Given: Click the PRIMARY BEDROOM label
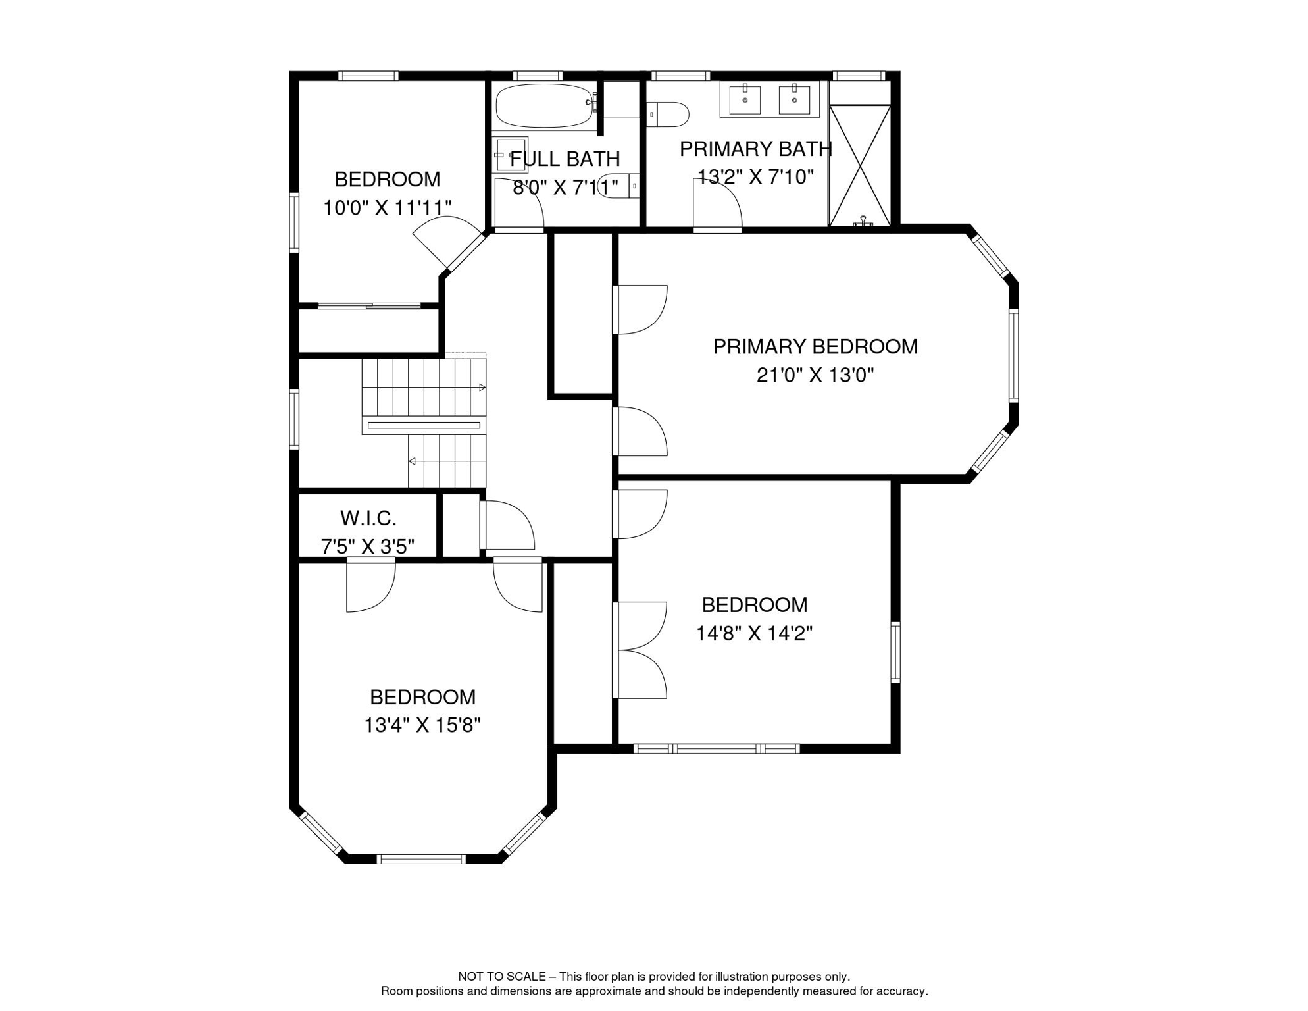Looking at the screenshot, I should [x=815, y=347].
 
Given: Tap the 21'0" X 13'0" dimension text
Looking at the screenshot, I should [x=815, y=376].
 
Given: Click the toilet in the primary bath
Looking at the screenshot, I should [x=668, y=114].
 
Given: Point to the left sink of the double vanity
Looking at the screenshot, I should [x=745, y=100].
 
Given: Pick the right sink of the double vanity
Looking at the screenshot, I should [x=794, y=100].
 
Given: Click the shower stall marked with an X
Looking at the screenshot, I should [x=859, y=165].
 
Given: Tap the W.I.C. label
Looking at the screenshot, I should [x=368, y=519].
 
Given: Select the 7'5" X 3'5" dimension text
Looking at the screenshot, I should [x=368, y=547].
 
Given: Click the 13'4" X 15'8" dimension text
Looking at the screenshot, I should [x=422, y=725].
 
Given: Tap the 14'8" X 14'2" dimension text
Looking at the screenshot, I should [x=754, y=634].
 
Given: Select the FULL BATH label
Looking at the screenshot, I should [x=565, y=159].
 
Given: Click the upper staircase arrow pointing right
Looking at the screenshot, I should [x=482, y=388].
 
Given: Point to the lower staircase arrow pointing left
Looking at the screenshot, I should [x=413, y=461].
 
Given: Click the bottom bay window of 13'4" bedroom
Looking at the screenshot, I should [x=421, y=858].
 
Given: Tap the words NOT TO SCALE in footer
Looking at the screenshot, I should [x=501, y=977].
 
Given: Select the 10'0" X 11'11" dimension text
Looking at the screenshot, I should [x=387, y=208].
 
